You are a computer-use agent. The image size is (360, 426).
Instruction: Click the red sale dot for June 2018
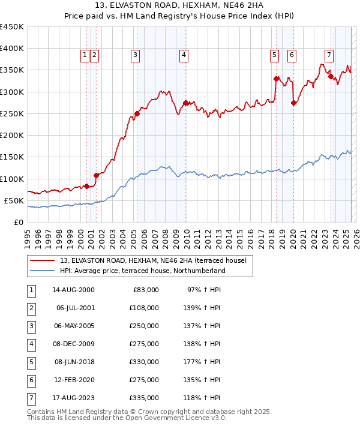point(276,79)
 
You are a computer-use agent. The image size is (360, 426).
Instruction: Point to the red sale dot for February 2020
point(293,103)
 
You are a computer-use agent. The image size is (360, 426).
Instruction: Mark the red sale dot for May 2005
point(137,113)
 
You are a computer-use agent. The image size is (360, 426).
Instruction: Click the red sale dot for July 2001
point(96,175)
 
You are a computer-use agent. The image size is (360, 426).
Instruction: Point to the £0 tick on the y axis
point(19,223)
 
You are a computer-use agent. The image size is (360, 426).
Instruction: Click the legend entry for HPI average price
point(142,271)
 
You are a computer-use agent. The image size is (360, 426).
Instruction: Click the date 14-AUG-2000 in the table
point(73,290)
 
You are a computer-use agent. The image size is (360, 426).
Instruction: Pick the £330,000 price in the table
point(146,362)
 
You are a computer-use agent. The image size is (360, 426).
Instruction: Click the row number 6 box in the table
point(30,380)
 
